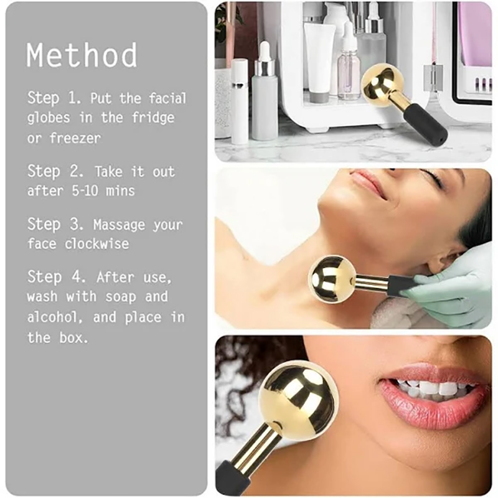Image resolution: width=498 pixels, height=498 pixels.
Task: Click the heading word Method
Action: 82,55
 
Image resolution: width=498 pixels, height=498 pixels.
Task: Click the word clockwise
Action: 96,243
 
